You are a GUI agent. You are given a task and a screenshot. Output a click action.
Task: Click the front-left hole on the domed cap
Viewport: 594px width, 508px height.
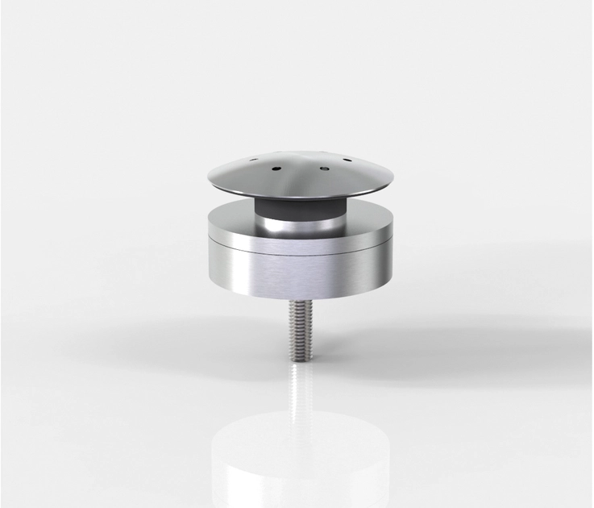point(276,169)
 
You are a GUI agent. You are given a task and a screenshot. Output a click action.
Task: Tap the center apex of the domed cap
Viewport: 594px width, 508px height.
point(299,153)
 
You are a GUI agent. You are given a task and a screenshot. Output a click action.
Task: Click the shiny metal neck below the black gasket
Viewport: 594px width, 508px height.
point(299,226)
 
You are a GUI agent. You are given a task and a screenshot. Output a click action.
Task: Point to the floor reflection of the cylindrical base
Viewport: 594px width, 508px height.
point(299,460)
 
